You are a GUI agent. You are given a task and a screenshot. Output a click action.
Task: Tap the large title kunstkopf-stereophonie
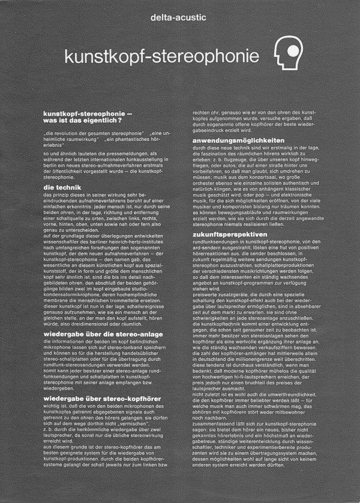point(162,56)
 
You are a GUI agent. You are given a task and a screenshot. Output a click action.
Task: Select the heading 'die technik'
point(62,188)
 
